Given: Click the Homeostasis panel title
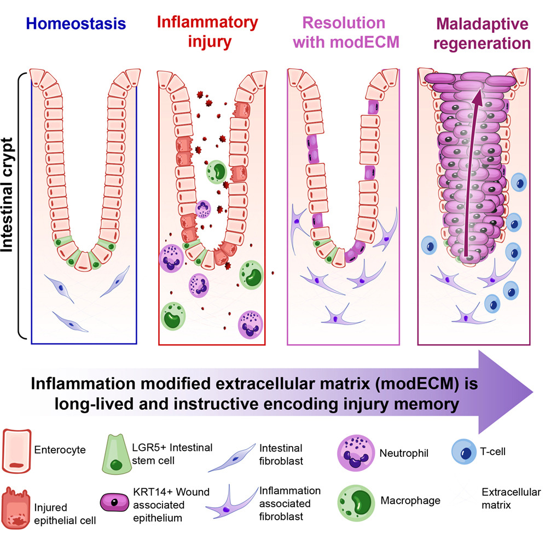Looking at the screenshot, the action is pyautogui.click(x=76, y=24).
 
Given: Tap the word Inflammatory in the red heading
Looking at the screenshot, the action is pyautogui.click(x=207, y=22).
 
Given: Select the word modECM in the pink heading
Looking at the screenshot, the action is pyautogui.click(x=364, y=42).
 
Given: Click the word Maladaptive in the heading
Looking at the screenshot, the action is pyautogui.click(x=482, y=24).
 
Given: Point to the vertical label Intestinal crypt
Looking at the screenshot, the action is pyautogui.click(x=7, y=195).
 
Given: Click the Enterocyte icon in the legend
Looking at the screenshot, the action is pyautogui.click(x=16, y=451).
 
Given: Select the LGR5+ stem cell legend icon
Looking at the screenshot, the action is pyautogui.click(x=117, y=454).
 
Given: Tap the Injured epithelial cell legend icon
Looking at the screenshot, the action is pyautogui.click(x=16, y=508).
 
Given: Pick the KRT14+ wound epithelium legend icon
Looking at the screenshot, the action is pyautogui.click(x=114, y=502).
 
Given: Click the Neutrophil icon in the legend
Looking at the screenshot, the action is pyautogui.click(x=356, y=453).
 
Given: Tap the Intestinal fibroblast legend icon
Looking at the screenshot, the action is pyautogui.click(x=232, y=457).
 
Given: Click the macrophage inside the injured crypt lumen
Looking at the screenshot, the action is pyautogui.click(x=217, y=172).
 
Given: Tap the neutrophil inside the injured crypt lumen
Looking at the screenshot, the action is pyautogui.click(x=203, y=209).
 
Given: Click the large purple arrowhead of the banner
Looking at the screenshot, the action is pyautogui.click(x=504, y=392).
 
